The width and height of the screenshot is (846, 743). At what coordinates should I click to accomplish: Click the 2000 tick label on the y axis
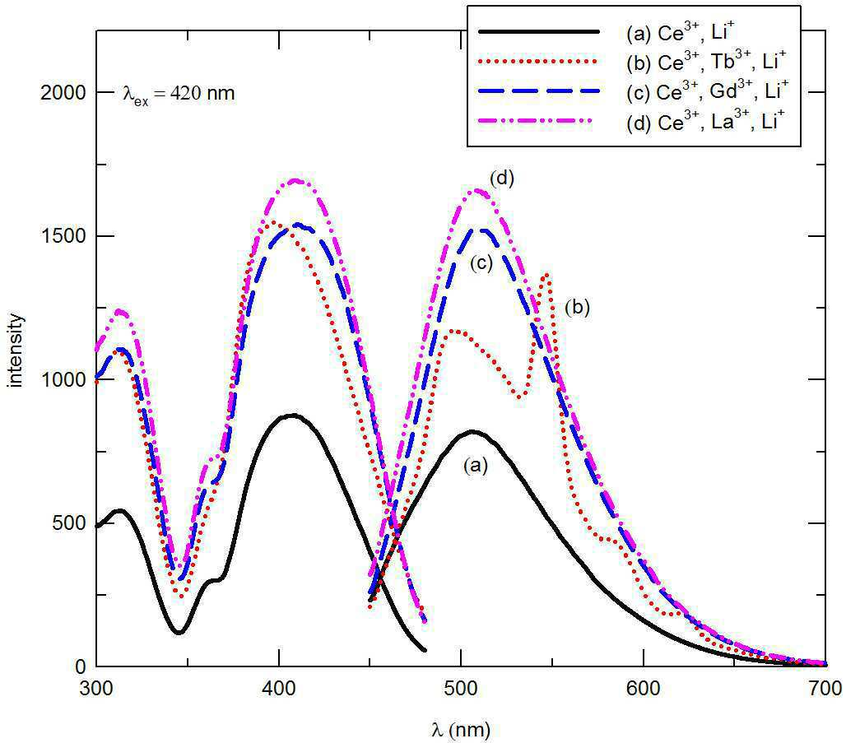click(x=63, y=93)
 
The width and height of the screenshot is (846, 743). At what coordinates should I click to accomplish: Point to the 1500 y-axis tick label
click(x=63, y=236)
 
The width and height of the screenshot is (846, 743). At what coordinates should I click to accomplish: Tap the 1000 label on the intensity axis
click(x=63, y=380)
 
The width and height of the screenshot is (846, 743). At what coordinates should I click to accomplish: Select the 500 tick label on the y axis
click(x=70, y=523)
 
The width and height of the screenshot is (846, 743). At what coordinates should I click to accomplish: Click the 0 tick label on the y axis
click(x=81, y=667)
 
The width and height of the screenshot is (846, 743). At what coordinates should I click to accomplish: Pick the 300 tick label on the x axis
click(x=96, y=689)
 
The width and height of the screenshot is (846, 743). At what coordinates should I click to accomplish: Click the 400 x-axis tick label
click(x=279, y=689)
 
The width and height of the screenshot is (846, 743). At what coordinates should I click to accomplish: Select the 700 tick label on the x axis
click(x=825, y=689)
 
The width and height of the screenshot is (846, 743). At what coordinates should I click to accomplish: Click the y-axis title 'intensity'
click(x=16, y=351)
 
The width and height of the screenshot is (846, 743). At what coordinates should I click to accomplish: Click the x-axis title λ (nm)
click(x=462, y=730)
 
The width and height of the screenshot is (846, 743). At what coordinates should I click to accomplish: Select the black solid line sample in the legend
click(x=539, y=32)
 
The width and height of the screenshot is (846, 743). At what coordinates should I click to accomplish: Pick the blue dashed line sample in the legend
click(x=539, y=91)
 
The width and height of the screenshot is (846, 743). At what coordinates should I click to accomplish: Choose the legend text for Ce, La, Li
click(x=704, y=121)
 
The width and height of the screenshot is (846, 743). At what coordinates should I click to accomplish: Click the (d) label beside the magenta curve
click(x=502, y=178)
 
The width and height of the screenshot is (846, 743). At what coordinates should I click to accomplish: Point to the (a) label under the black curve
click(x=476, y=465)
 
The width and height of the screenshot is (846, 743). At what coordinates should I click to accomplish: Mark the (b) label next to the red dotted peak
click(x=578, y=308)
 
